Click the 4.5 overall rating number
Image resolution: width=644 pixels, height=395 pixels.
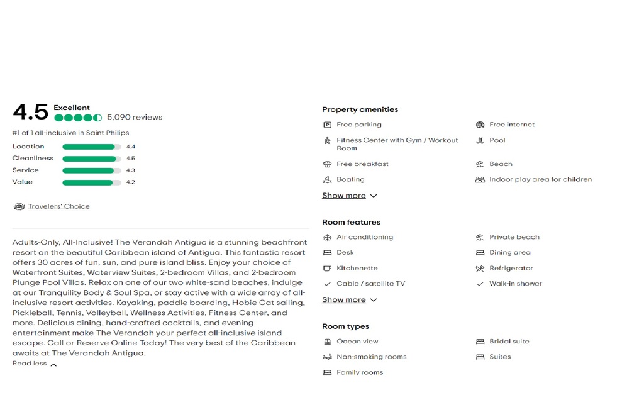pos(30,113)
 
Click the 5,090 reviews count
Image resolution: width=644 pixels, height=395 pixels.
pos(135,118)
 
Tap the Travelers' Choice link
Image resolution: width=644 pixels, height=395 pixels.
pos(58,206)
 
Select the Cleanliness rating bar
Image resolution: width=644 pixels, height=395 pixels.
pos(92,159)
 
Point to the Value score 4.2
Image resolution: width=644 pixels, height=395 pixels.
pos(130,182)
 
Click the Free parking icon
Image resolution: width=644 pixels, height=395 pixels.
pos(327,125)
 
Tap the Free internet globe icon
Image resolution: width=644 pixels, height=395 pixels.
pos(480,125)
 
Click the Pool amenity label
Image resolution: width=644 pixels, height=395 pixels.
pos(497,140)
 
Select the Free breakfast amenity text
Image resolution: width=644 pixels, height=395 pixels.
pos(362,164)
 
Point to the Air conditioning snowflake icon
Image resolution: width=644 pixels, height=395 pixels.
pos(327,237)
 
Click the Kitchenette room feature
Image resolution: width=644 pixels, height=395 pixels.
pos(357,268)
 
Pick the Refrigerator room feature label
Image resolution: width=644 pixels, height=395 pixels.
pos(511,268)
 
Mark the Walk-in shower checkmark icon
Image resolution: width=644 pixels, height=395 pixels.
pos(480,284)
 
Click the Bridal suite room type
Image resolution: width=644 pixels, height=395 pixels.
pos(509,342)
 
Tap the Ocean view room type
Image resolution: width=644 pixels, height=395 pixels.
pos(357,342)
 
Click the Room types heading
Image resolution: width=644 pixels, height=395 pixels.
pos(345,326)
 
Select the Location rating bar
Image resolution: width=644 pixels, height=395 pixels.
pos(92,147)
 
